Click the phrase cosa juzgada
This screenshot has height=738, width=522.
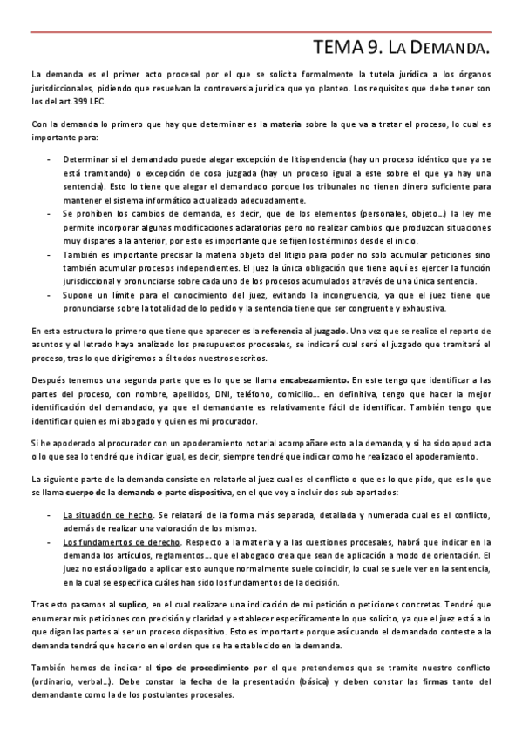point(180,174)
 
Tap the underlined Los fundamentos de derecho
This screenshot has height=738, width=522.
point(114,541)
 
